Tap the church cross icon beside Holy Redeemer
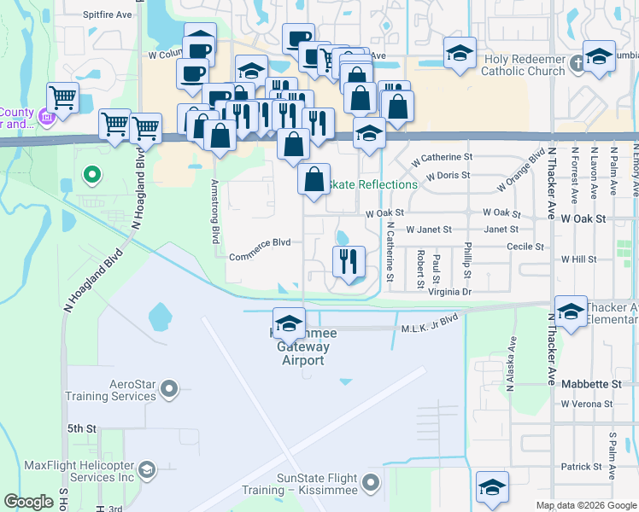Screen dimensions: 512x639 pos(577,61)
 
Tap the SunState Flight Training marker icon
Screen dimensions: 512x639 pos(371,484)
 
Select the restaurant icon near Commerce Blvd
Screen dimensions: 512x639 pos(349,260)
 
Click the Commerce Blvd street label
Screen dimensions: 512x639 pos(260,242)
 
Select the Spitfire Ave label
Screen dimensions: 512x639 pos(108,15)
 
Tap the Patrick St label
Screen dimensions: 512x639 pos(582,467)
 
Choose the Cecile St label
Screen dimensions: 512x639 pos(525,247)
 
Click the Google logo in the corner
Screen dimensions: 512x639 pos(28,502)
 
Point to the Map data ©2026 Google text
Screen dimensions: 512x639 pos(586,505)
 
